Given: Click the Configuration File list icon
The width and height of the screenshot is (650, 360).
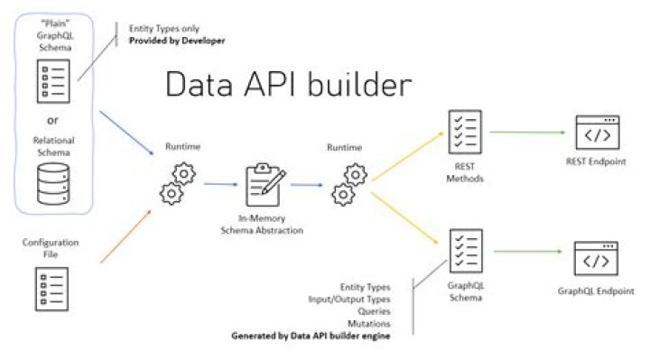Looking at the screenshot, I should pyautogui.click(x=46, y=289).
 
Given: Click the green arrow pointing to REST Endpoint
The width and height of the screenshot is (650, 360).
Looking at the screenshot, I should pyautogui.click(x=526, y=132).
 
